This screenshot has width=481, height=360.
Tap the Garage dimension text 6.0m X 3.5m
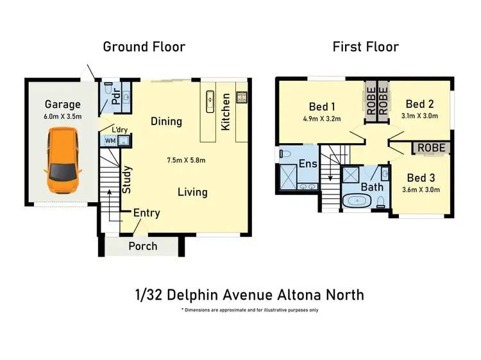pyautogui.click(x=62, y=117)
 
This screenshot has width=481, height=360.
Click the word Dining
pyautogui.click(x=166, y=121)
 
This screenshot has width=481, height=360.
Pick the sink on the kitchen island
pyautogui.click(x=210, y=99)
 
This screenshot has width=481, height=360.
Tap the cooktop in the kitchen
pyautogui.click(x=242, y=98)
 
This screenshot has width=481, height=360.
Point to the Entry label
pyautogui.click(x=147, y=213)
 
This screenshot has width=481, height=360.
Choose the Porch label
pyautogui.click(x=143, y=246)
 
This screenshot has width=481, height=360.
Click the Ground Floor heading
pyautogui.click(x=144, y=47)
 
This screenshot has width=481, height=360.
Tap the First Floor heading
pyautogui.click(x=366, y=47)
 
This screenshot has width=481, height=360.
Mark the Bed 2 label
pyautogui.click(x=420, y=104)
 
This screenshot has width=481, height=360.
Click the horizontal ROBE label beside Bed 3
pyautogui.click(x=430, y=148)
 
